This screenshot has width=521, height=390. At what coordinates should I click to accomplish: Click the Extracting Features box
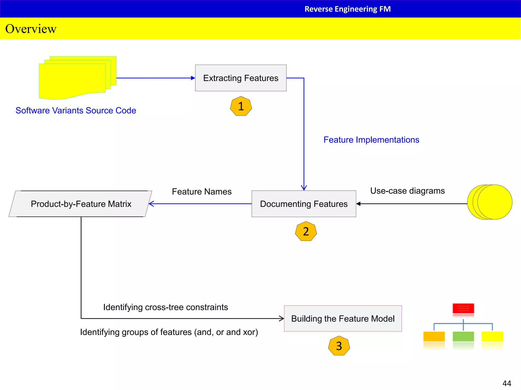[x=241, y=78]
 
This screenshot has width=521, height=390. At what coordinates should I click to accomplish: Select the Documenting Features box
[x=304, y=204]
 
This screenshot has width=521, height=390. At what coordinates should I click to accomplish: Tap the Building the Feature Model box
[x=343, y=319]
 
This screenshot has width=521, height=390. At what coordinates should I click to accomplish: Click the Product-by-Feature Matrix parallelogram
[x=81, y=204]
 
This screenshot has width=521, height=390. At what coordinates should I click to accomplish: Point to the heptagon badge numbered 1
[x=241, y=106]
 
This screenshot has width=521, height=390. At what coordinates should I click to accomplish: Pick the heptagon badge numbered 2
[x=306, y=231]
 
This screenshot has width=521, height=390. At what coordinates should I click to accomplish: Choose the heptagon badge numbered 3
[x=339, y=346]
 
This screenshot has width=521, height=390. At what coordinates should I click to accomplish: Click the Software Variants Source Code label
[x=76, y=110]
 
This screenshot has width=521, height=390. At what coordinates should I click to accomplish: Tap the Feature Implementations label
[x=371, y=140]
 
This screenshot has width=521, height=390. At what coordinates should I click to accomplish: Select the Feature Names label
[x=202, y=191]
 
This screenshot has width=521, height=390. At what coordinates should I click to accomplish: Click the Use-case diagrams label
[x=407, y=191]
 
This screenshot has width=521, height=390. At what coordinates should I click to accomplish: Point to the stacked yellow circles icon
[x=490, y=202]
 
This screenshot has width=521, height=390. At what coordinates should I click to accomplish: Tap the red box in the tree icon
[x=463, y=308]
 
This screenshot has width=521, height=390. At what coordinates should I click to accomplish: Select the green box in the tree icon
[x=463, y=336]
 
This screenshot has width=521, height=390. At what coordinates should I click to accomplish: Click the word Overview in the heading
[x=31, y=29]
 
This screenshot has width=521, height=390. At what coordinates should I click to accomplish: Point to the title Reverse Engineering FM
[x=348, y=9]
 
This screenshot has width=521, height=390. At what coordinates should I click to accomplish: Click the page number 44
[x=507, y=383]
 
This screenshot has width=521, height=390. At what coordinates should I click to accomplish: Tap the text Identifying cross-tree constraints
[x=165, y=307]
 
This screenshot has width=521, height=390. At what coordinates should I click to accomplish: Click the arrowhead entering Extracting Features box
[x=193, y=78]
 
